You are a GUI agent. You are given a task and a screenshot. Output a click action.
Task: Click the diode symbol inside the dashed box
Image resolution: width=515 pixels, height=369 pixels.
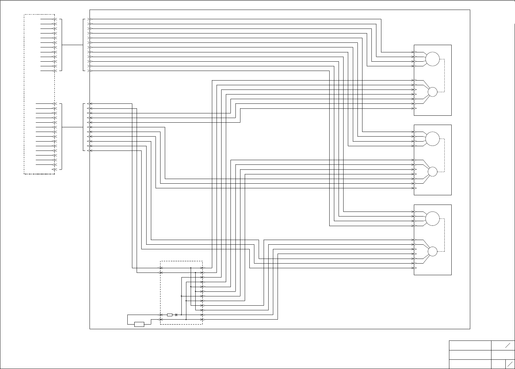(x=176, y=315)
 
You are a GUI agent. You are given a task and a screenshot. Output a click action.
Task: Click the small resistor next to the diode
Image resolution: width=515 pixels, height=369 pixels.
(x=170, y=315)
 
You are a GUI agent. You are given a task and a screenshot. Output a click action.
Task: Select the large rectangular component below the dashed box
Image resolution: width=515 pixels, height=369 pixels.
(x=139, y=324)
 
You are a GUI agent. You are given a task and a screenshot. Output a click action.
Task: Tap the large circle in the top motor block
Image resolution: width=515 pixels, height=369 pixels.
(x=432, y=59)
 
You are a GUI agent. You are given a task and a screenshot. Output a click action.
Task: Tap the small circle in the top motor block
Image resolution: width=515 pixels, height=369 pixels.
(x=433, y=92)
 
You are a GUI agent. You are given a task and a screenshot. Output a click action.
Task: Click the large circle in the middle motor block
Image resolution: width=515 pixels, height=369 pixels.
(x=432, y=139)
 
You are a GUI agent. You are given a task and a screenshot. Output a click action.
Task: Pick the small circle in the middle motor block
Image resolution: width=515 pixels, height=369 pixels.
(x=432, y=171)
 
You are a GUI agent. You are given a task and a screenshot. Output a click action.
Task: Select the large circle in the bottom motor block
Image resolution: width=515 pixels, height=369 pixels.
(x=432, y=218)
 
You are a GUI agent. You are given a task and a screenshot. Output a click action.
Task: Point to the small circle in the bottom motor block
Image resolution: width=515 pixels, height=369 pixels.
(x=432, y=251)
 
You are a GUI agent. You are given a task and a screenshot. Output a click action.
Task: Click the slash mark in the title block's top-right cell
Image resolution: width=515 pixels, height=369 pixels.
(x=508, y=345)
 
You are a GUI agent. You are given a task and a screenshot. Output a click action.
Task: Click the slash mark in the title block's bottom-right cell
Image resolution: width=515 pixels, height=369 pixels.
(x=510, y=364)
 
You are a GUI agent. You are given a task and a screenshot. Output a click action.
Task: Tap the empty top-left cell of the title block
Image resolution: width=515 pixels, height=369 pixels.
(x=470, y=345)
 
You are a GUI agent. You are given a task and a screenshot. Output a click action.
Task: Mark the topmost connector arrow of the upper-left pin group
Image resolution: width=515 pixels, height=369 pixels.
(x=55, y=19)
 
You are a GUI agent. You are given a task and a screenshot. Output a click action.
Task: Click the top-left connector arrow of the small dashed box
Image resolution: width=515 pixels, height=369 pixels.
(x=161, y=268)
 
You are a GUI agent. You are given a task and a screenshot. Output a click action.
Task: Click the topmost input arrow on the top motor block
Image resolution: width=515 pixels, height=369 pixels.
(x=414, y=52)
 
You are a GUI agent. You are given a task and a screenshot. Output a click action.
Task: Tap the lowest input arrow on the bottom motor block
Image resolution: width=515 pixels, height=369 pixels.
(x=414, y=268)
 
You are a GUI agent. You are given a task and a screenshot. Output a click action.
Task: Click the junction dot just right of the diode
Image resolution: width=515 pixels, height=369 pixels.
(x=181, y=315)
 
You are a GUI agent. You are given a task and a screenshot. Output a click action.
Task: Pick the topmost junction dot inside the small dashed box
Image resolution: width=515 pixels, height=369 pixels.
(x=191, y=268)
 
